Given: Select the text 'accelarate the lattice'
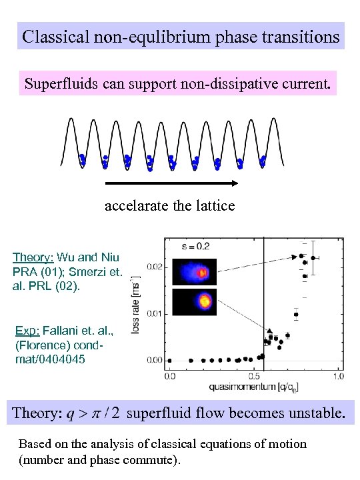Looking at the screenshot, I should click(x=170, y=205).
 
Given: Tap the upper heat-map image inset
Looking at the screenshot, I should click(x=194, y=272).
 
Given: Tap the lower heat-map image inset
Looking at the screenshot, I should click(x=194, y=302).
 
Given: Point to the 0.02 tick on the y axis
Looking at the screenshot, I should click(x=154, y=267).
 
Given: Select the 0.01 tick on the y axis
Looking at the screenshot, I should click(x=154, y=313).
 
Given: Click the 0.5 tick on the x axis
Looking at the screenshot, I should click(x=254, y=375).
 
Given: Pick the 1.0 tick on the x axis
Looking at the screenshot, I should click(x=339, y=375).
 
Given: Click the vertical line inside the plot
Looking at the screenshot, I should click(x=264, y=300).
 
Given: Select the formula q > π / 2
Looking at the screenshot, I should click(x=93, y=414).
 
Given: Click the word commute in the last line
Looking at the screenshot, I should click(x=152, y=459).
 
